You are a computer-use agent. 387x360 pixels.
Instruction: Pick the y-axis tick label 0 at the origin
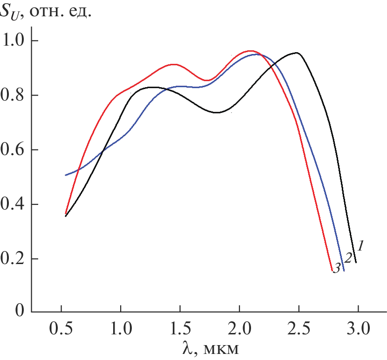click(x=19, y=310)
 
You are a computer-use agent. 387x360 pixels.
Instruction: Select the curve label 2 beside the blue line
click(x=348, y=258)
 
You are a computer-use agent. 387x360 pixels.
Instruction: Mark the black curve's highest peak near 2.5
click(x=296, y=53)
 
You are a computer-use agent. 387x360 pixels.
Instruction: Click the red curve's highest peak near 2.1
click(x=251, y=51)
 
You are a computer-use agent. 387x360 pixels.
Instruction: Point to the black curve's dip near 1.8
click(x=217, y=112)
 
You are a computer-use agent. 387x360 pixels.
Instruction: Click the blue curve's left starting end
click(x=66, y=175)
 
